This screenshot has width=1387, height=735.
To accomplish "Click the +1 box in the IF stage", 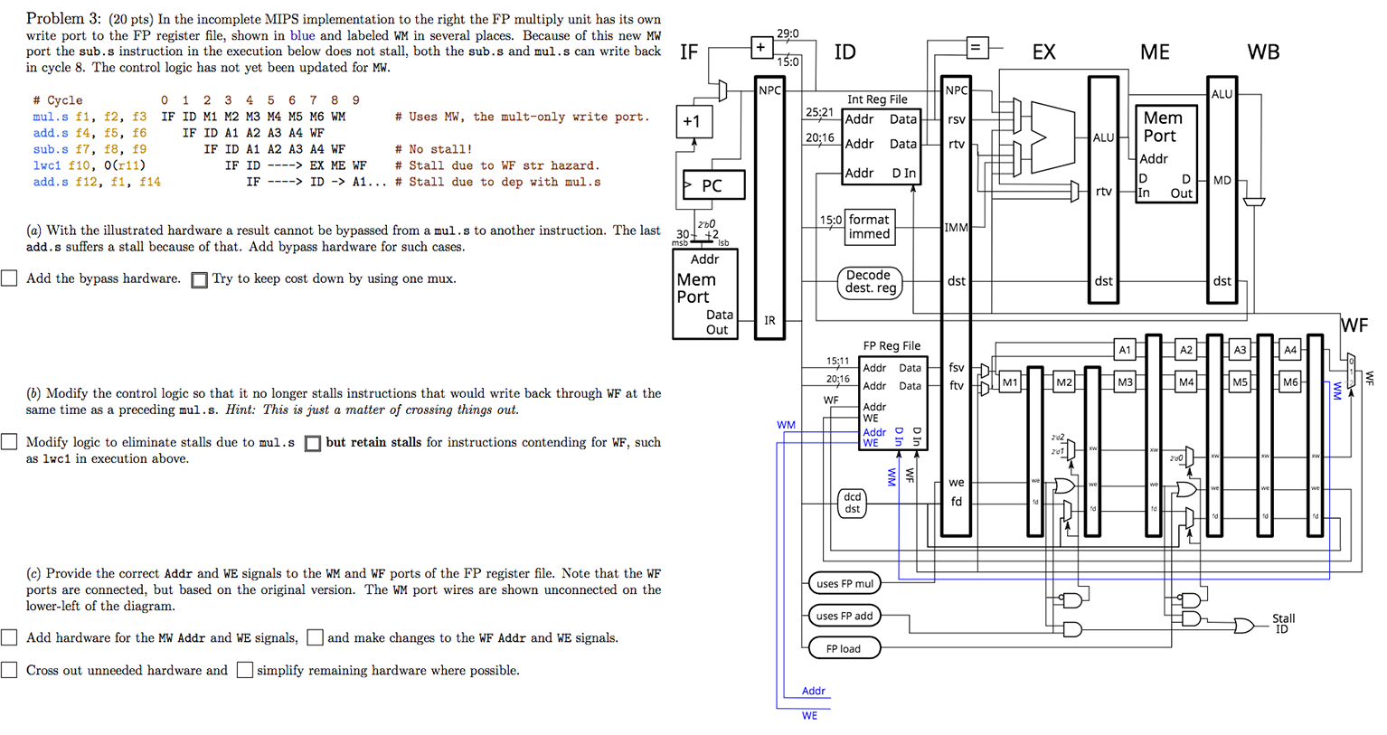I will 693,121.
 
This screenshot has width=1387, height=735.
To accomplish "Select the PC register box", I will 713,185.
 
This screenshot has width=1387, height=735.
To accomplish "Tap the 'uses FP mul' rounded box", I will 844,584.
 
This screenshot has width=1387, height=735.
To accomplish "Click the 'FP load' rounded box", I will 843,648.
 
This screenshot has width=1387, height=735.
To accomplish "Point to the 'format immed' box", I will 869,226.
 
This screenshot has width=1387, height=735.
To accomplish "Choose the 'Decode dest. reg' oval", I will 870,281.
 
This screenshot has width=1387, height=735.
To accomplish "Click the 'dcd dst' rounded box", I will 852,503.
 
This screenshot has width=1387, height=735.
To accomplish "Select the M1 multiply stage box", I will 1009,382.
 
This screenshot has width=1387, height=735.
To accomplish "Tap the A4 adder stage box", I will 1290,350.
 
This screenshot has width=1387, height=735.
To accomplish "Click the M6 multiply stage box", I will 1290,382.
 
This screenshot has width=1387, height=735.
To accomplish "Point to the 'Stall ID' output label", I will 1283,624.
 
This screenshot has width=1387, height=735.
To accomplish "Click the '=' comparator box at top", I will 975,47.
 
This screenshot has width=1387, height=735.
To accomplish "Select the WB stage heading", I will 1263,52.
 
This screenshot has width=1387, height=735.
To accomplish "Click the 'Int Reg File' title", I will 876,99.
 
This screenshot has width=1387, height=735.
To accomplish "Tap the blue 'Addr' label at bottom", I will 813,691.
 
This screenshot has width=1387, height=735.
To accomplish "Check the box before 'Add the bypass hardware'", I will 9,278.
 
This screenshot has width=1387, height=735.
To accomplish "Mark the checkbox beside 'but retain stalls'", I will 313,443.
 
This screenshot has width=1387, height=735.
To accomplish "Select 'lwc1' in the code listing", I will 47,165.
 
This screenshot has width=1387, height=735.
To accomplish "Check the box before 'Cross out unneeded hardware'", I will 9,670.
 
